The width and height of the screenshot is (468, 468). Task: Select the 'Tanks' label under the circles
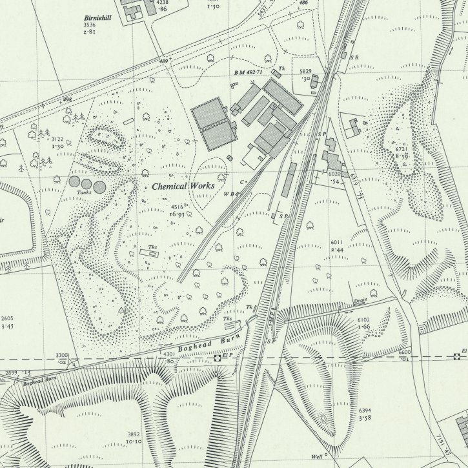coord(84,192)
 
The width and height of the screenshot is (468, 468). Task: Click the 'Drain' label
coord(360,301)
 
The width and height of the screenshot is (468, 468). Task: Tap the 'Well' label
coord(316,456)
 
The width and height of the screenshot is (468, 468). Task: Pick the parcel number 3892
coord(134,434)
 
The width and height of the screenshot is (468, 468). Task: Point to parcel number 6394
coord(365,411)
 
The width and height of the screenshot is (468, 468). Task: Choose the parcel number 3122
coord(57,139)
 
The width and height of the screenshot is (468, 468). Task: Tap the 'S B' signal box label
coord(354,57)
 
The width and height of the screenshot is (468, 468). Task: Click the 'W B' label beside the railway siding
coord(228,194)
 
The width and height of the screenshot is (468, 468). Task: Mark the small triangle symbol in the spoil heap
coord(121,310)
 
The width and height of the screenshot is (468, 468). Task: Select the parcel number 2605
coord(8,319)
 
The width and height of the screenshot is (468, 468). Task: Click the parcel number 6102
coord(365,320)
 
